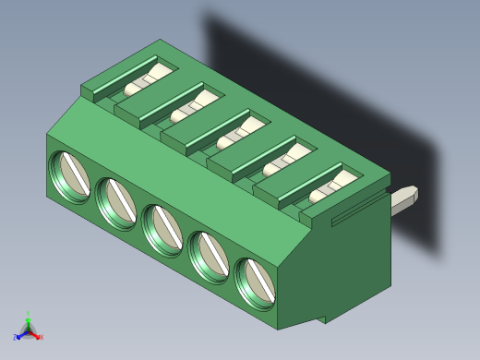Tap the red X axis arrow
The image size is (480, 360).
pos(36,336)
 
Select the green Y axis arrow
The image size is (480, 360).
pos(29,322)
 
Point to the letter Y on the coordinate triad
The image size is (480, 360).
pos(29,314)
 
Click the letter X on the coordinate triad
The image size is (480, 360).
pos(42,338)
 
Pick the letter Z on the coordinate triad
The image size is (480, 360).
pos(16,338)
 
